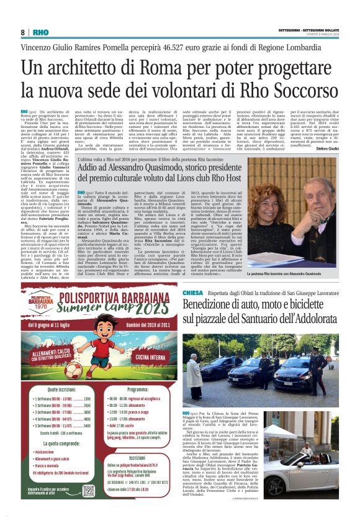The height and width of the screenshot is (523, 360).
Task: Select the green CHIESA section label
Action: [x=192, y=292]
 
